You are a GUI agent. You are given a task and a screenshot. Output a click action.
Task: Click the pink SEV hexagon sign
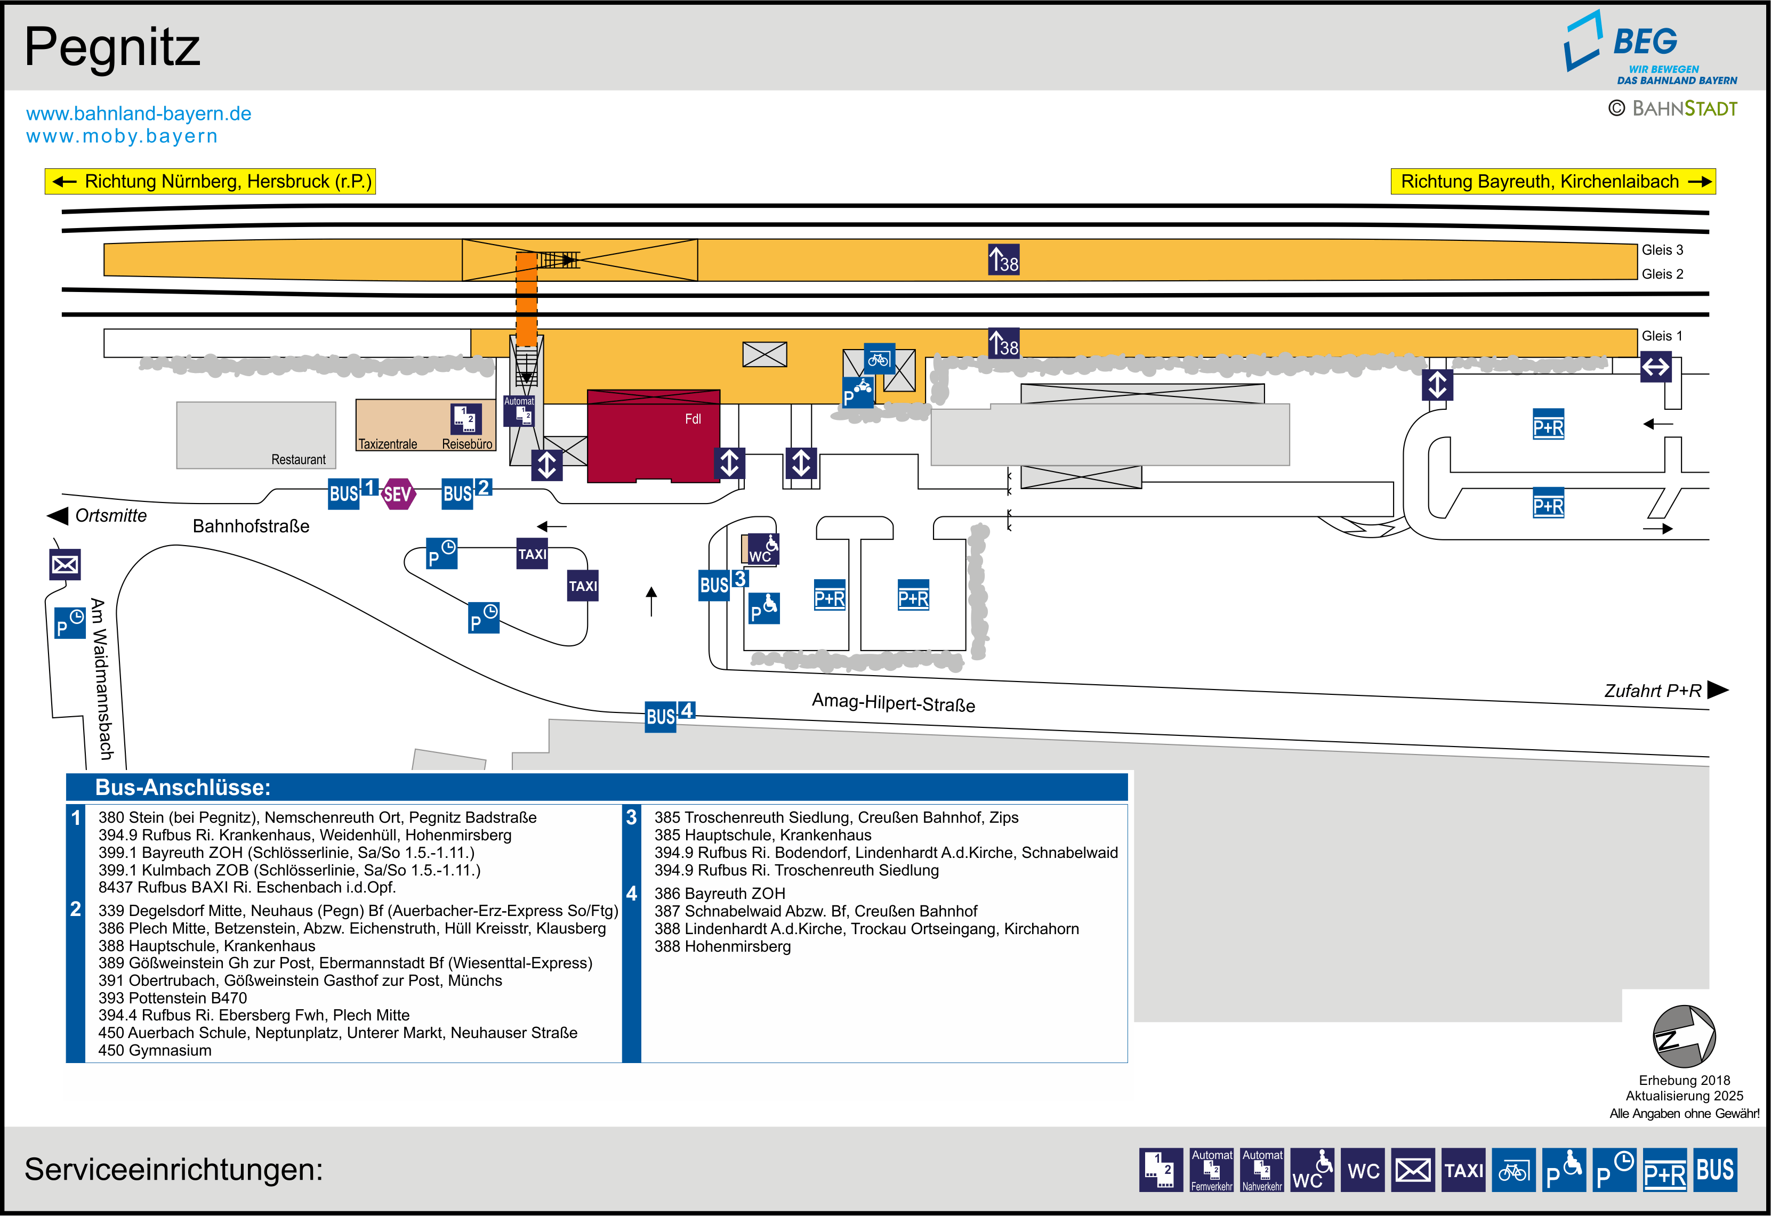point(397,494)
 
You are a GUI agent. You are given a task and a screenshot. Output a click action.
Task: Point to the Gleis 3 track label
point(1662,250)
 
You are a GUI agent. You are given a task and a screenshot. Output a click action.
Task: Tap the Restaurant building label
point(298,459)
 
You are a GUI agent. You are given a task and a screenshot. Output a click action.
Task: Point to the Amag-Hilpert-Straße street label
point(893,702)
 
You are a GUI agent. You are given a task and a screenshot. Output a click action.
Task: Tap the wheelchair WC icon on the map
point(763,548)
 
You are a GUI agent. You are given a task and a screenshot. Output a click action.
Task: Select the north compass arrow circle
point(1684,1036)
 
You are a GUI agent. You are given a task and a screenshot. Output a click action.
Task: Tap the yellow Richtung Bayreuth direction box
point(1552,181)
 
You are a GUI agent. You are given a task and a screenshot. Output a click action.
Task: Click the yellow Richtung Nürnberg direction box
point(211,181)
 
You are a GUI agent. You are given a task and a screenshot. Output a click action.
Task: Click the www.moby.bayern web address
point(122,136)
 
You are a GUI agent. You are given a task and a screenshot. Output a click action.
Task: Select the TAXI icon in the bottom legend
point(1463,1170)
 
